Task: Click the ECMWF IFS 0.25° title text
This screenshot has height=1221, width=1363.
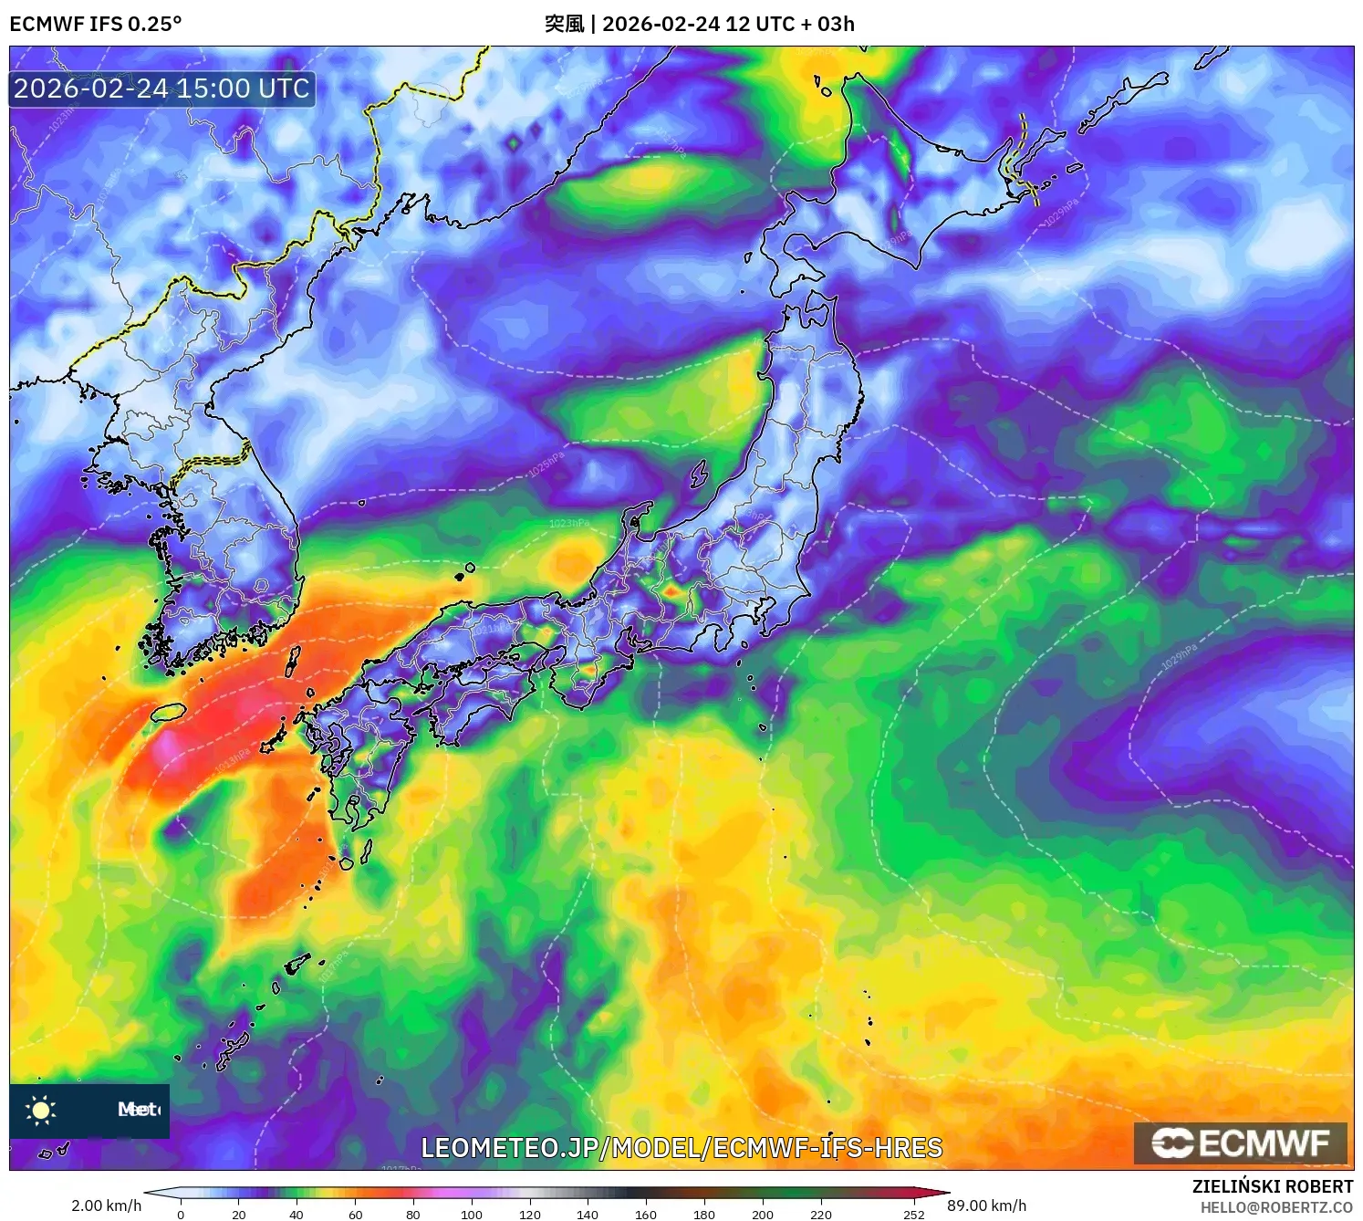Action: coord(96,24)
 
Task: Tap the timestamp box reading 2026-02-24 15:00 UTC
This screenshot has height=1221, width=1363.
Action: coord(161,89)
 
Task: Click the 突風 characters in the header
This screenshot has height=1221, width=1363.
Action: coord(564,24)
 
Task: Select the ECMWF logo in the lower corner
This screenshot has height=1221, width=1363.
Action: coord(1240,1143)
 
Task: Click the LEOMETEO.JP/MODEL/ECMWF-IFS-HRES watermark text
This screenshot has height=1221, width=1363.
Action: coord(681,1148)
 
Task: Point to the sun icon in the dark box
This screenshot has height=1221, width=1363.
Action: coord(41,1110)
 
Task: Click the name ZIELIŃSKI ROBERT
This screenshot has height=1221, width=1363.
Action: coord(1273,1186)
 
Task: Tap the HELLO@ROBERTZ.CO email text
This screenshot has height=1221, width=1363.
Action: coord(1276,1207)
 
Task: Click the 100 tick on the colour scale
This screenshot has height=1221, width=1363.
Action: coord(472,1215)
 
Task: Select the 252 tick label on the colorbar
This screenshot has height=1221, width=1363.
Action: coord(914,1215)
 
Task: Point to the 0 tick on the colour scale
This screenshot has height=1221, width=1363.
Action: coord(181,1215)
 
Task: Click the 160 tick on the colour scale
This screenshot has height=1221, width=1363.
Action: coord(646,1215)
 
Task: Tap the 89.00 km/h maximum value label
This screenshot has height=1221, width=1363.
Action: coord(987,1205)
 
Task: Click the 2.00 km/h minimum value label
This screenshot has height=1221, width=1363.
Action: coord(107,1205)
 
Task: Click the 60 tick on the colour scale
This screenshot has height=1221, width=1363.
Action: coord(356,1215)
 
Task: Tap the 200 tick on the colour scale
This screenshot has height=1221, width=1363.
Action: coord(763,1215)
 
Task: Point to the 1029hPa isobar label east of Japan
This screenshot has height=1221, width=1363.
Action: coord(1179,657)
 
